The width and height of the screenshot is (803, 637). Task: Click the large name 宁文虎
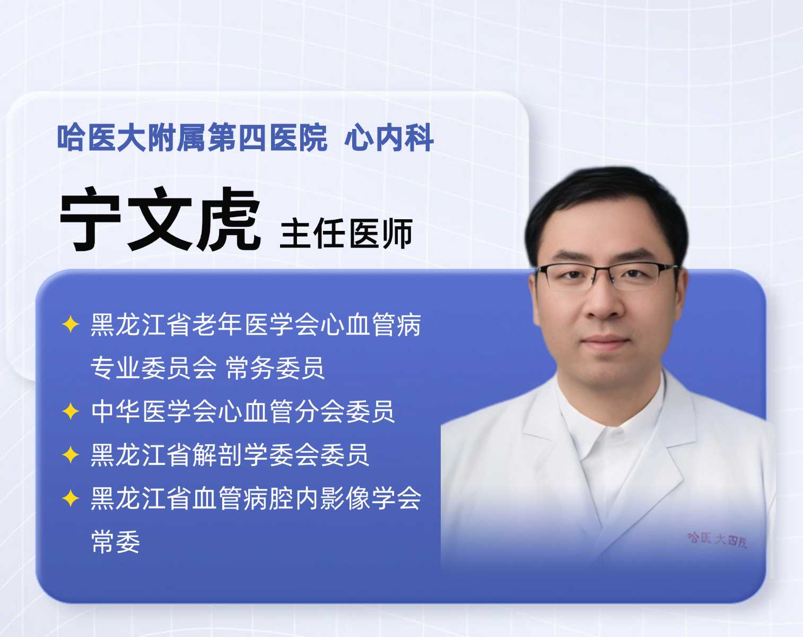pos(160,219)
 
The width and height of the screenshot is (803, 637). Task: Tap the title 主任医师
pos(346,234)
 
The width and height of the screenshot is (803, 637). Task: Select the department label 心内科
pos(389,137)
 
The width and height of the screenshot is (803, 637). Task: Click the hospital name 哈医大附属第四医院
pos(192,137)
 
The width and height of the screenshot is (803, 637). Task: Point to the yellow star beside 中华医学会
pos(71,411)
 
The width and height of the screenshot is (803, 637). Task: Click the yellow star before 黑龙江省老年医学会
pos(71,324)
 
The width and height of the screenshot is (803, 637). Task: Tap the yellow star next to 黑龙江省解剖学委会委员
pos(71,455)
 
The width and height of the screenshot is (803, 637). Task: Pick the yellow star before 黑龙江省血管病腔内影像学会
pos(71,498)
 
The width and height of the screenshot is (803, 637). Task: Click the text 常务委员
pos(275,368)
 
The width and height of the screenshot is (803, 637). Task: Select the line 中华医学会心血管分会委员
pos(243,411)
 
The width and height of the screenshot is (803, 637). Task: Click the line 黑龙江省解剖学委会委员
pos(230,455)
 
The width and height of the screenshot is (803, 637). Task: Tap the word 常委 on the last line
pos(116,542)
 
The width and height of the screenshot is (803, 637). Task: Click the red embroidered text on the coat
pos(717,540)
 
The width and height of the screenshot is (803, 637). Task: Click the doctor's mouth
pos(605,341)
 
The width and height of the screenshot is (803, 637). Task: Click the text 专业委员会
pos(153,368)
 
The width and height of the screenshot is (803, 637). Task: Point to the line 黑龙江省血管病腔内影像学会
pos(256,498)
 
